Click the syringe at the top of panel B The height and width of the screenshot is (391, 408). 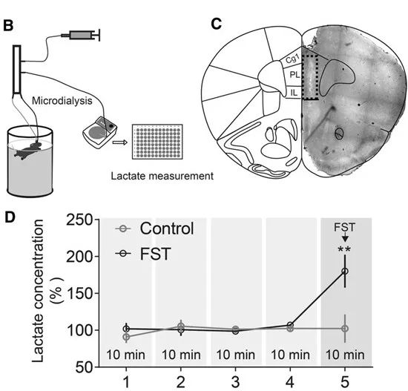click(x=81, y=35)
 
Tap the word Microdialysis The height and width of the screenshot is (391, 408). click(x=62, y=101)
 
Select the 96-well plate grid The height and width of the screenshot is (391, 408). click(x=157, y=142)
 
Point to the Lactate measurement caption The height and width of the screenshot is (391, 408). click(x=162, y=176)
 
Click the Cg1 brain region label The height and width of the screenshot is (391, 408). click(x=292, y=59)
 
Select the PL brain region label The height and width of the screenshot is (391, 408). click(x=295, y=75)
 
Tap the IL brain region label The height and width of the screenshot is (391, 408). click(x=294, y=93)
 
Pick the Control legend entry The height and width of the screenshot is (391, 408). click(x=154, y=229)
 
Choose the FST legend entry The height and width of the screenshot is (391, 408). click(x=143, y=254)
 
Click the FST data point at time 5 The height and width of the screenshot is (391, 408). click(x=345, y=272)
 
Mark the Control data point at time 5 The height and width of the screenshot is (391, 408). click(x=345, y=329)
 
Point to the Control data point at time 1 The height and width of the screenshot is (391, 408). click(x=126, y=337)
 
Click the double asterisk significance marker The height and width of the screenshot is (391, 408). click(x=344, y=250)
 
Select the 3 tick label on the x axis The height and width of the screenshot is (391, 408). click(x=235, y=382)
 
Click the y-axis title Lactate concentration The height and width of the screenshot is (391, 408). click(x=39, y=291)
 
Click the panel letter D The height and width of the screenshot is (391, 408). click(x=10, y=217)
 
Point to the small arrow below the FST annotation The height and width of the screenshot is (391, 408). click(x=345, y=237)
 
